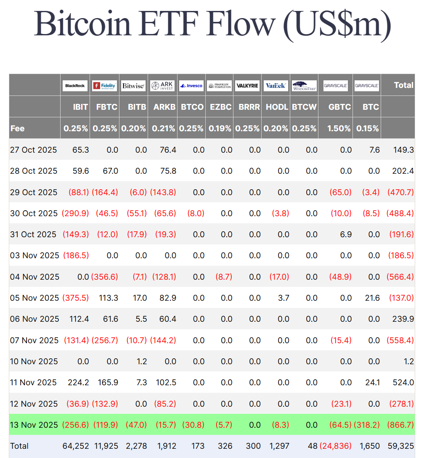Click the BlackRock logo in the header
tap(75, 85)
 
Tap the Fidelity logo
tap(104, 85)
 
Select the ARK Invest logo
tap(162, 85)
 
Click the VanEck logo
tap(276, 85)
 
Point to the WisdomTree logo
tap(304, 85)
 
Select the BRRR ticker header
tap(249, 107)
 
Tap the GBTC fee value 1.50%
tap(339, 128)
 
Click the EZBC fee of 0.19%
tap(220, 128)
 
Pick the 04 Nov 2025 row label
tap(34, 277)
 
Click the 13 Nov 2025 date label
tap(34, 425)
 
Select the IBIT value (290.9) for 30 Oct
tap(75, 213)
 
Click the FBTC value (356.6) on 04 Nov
tap(105, 277)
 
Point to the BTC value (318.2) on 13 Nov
tap(367, 425)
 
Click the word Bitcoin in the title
tap(82, 24)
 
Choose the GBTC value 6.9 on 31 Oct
tap(346, 234)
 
